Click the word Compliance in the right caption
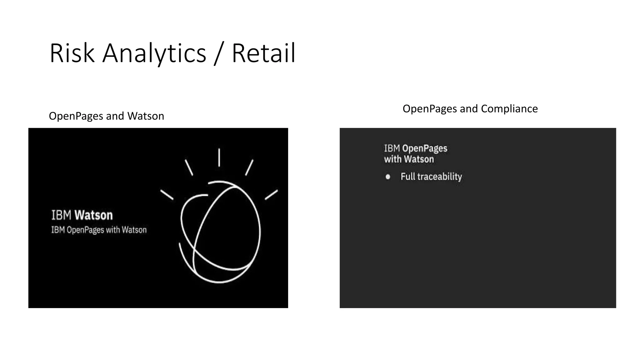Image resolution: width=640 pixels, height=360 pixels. pos(509,109)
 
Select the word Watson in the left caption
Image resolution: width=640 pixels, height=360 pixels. pos(146,116)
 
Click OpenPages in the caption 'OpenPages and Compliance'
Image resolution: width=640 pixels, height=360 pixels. pos(430,109)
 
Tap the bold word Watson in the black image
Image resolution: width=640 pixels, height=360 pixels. pos(93,215)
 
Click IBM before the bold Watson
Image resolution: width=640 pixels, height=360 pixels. pos(61,215)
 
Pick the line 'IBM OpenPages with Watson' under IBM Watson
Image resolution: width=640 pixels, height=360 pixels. pos(99,230)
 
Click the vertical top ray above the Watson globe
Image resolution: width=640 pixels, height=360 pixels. pos(219,157)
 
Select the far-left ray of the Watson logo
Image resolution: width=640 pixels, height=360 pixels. pos(167,195)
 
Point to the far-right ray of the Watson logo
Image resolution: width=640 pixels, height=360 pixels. pos(271,194)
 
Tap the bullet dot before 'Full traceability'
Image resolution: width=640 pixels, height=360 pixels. pos(388,177)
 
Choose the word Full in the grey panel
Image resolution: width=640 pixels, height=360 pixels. pos(408,177)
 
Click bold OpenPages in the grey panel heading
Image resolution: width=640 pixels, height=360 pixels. pos(425,148)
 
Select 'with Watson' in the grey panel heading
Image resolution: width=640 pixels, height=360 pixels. pos(409,159)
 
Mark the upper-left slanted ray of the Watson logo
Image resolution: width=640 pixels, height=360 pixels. pos(189,167)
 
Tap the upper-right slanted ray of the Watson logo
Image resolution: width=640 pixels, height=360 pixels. pos(249,167)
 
